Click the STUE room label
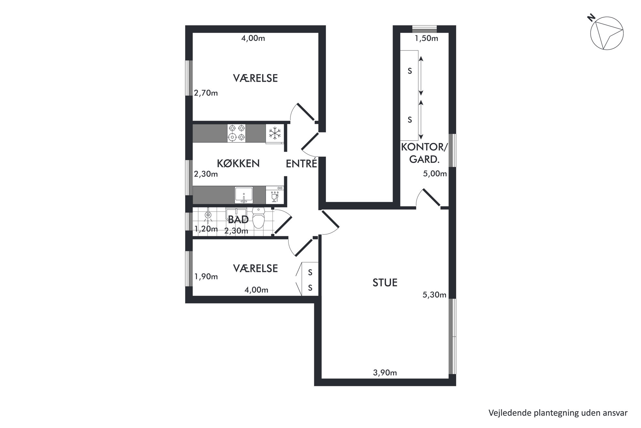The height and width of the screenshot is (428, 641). click(385, 283)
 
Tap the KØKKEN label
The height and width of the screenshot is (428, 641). click(238, 163)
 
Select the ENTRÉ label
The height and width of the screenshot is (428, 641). click(301, 164)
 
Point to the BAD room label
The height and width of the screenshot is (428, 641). click(238, 220)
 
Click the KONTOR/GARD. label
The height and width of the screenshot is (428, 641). click(424, 153)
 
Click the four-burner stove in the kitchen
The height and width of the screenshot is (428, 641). click(236, 133)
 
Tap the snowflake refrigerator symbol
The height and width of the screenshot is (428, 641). click(275, 133)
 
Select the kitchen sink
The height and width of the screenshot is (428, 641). click(244, 195)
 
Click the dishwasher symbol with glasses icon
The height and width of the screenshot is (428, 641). click(275, 195)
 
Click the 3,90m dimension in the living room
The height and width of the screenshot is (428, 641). click(385, 373)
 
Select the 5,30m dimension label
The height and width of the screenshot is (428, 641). click(435, 295)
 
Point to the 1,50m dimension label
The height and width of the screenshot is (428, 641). click(426, 38)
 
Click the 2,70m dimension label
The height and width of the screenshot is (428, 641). click(206, 93)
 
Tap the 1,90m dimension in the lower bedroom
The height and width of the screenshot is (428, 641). click(206, 277)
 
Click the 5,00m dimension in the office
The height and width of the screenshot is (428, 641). click(435, 174)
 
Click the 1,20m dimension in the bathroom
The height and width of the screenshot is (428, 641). click(206, 229)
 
